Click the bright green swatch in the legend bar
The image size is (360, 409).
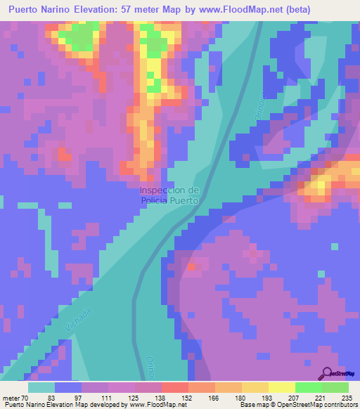(308, 387)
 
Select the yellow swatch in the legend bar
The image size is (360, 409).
(281, 387)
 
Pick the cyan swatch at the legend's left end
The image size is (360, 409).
(41, 387)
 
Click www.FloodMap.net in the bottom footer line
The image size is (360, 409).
(150, 405)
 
